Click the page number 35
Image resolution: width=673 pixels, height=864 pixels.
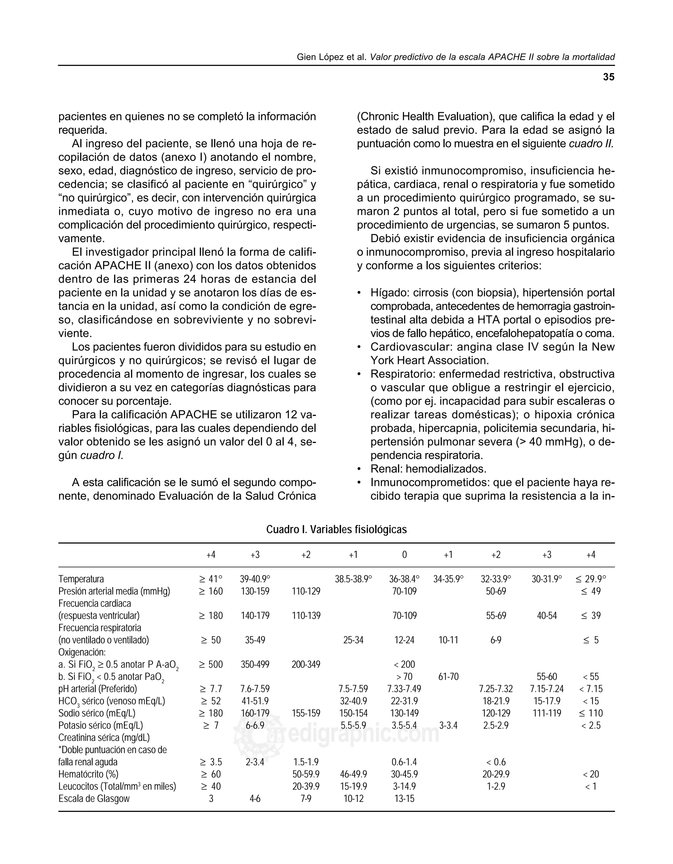[x=609, y=77]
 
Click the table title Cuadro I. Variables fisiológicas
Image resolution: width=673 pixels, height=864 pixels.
[x=336, y=529]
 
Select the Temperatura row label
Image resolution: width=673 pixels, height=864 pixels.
[x=81, y=579]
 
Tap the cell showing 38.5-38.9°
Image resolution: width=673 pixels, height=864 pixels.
[x=353, y=579]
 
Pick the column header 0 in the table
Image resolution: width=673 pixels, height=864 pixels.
[x=404, y=555]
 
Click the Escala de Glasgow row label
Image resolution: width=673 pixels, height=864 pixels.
[x=94, y=798]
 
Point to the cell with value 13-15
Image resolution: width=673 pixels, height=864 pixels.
[x=404, y=798]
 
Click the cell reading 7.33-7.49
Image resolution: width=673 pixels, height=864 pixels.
[x=404, y=689]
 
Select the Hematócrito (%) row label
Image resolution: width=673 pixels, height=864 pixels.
[x=88, y=774]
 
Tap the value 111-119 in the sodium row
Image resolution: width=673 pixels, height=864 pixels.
[x=546, y=713]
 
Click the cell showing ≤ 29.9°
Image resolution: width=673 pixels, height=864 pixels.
[x=591, y=579]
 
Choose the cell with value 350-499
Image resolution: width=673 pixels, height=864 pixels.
[x=255, y=664]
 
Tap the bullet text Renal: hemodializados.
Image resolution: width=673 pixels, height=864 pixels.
[x=428, y=469]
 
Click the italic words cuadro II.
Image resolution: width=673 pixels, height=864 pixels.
[x=591, y=144]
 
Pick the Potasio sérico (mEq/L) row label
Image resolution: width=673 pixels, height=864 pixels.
[x=101, y=725]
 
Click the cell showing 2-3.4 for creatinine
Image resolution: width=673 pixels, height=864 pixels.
[x=255, y=762]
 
